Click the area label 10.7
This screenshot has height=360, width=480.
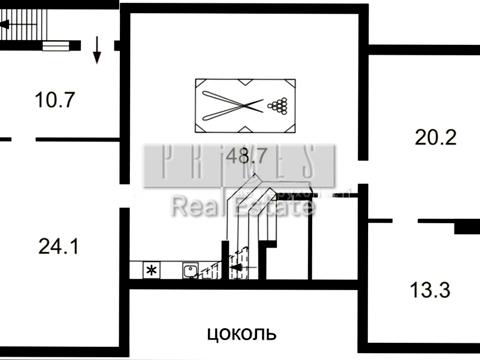pos(56,99)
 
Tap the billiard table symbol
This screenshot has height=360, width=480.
pos(244,104)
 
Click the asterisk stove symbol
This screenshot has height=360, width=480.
pos(152,270)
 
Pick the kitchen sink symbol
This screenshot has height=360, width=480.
pos(188,269)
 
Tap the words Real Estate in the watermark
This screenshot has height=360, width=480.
pos(243,207)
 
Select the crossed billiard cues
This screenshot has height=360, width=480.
pos(232,104)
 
